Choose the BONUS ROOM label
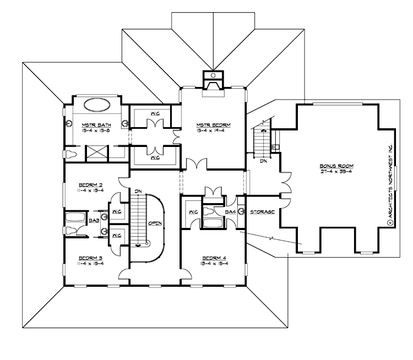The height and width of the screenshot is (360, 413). click(x=335, y=165)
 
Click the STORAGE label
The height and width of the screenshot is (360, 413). click(x=262, y=212)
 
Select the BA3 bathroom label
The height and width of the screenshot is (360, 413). click(x=94, y=221)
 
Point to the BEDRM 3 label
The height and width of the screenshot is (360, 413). click(x=91, y=257)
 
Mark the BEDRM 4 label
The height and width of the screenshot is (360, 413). click(x=213, y=257)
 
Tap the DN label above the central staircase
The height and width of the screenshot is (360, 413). click(x=138, y=191)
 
